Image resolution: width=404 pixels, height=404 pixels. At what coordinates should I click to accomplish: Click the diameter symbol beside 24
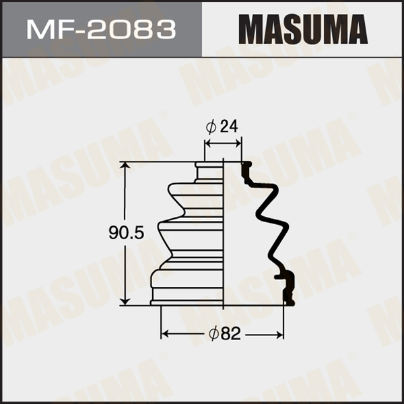click(x=211, y=127)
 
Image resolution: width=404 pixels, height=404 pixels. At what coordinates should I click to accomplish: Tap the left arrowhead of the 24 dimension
click(x=207, y=143)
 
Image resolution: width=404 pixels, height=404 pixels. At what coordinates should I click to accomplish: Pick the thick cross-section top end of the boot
click(x=246, y=171)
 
